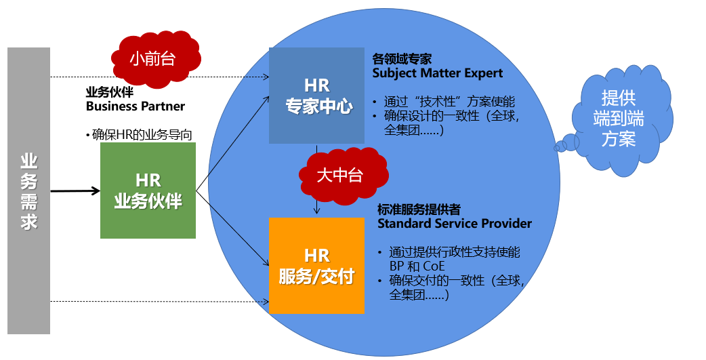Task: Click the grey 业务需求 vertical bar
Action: (28, 191)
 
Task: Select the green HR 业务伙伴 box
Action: (148, 191)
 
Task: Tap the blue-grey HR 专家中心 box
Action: (316, 96)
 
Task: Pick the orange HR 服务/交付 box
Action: (316, 266)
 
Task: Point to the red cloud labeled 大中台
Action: (340, 175)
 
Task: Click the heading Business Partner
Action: (136, 106)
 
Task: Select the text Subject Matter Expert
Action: (438, 73)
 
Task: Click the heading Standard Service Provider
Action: (455, 223)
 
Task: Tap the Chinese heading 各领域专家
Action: (402, 59)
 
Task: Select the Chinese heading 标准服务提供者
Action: (419, 209)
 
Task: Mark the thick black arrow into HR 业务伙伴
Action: (75, 191)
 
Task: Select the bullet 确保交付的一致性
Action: (457, 280)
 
